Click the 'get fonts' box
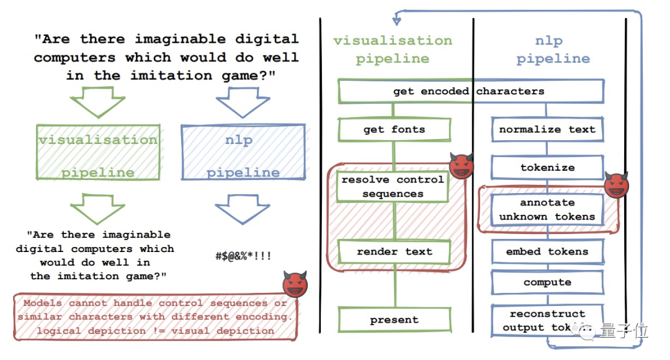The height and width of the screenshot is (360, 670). [x=394, y=130]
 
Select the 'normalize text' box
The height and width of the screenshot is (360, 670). [x=547, y=130]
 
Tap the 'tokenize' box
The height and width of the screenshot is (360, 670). [x=547, y=168]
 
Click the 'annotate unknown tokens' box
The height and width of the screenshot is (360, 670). [x=547, y=210]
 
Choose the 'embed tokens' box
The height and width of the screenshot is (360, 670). [x=547, y=251]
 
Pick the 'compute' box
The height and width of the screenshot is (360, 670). [x=547, y=282]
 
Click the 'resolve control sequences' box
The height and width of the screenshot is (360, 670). [x=393, y=186]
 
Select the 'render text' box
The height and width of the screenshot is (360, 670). [x=394, y=251]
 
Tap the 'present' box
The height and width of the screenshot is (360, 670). [x=394, y=320]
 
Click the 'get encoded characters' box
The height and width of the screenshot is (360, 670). [x=470, y=91]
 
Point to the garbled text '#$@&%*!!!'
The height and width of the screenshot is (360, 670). [x=243, y=256]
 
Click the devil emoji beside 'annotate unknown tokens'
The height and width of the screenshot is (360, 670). [x=617, y=184]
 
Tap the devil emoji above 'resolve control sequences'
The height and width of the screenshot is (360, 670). [x=461, y=165]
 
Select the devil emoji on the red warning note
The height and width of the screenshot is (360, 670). [x=295, y=284]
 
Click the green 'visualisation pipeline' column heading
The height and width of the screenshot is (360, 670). [x=392, y=50]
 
